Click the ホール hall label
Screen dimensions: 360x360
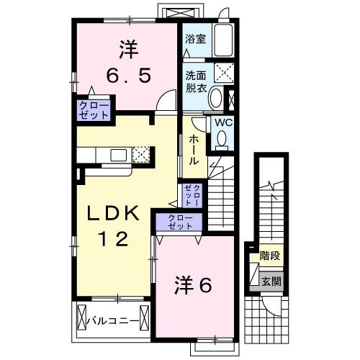pos(194,151)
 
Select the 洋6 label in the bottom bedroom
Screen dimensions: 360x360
pos(192,286)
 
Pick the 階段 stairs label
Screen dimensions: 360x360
pos(270,254)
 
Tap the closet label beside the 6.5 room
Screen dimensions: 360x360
pos(95,109)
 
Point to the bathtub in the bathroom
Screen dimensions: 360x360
pos(224,40)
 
